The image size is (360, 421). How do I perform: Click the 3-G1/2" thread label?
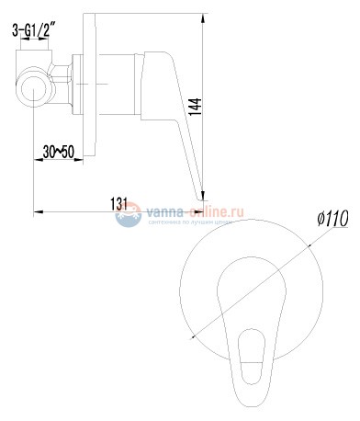[37, 32]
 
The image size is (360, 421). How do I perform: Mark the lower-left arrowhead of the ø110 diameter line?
[197, 342]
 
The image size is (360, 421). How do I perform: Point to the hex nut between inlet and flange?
[62, 83]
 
